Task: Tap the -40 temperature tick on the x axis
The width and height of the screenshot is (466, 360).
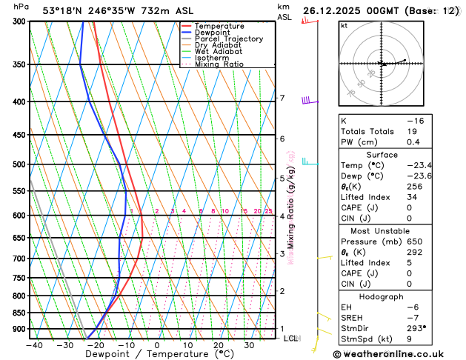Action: point(33,344)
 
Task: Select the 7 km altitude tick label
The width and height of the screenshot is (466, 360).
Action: point(282,99)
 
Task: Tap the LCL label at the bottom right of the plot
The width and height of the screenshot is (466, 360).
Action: point(291,339)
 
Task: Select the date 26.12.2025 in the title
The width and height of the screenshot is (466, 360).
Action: point(335,11)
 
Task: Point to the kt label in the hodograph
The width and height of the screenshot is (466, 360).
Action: point(344,26)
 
